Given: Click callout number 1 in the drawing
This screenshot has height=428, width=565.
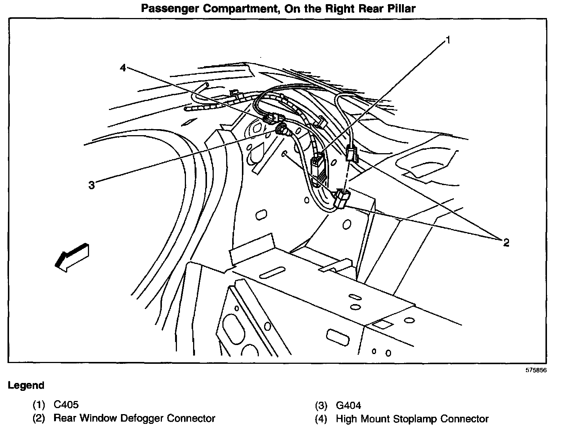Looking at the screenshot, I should [x=447, y=40].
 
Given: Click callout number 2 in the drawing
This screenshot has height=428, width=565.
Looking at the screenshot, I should [x=506, y=243].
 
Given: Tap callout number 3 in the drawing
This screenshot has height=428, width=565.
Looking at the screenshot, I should [x=92, y=185].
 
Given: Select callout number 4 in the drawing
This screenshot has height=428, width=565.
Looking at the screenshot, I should [x=123, y=68].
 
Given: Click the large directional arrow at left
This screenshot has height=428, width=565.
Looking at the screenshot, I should [x=71, y=256].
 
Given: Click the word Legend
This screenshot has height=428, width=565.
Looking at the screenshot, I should [x=26, y=385].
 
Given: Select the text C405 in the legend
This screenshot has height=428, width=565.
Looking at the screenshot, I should [x=66, y=405].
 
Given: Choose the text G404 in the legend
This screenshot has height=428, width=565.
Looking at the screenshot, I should [x=348, y=405].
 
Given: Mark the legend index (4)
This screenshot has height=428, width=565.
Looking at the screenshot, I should [x=321, y=419].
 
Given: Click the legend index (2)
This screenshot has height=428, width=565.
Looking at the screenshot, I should [x=39, y=419].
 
